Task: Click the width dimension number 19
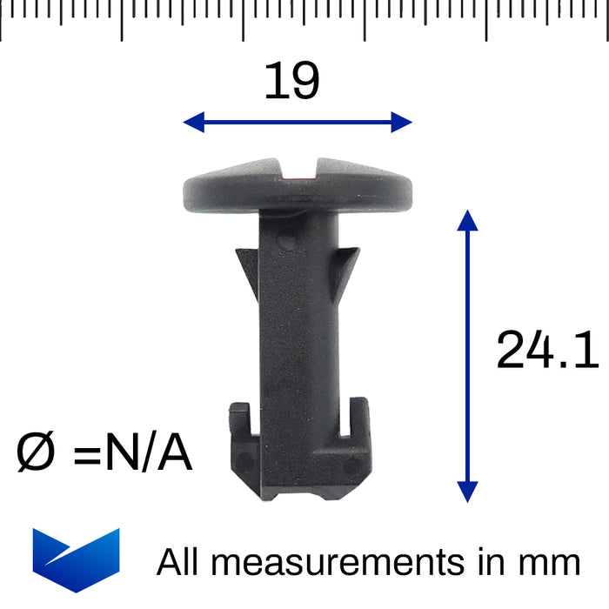click(292, 82)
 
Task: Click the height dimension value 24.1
click(547, 351)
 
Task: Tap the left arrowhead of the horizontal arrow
click(193, 122)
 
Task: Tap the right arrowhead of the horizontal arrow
click(401, 122)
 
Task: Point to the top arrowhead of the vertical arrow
click(468, 219)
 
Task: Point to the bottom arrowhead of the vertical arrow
click(468, 492)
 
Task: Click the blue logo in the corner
click(76, 559)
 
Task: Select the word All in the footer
click(178, 562)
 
